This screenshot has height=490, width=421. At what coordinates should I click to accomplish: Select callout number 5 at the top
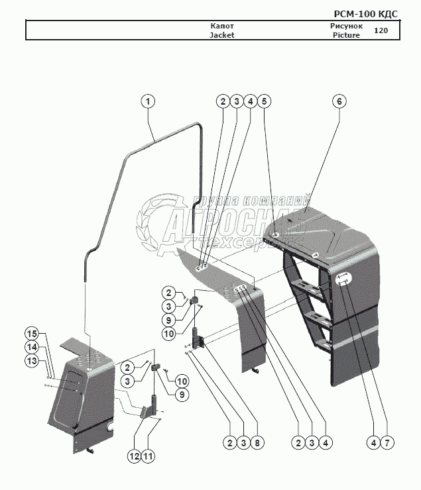(x=264, y=101)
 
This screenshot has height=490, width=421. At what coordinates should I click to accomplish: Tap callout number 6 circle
(x=339, y=101)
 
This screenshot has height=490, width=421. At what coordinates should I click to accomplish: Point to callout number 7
(x=386, y=442)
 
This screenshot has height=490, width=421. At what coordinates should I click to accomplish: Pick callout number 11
(x=148, y=456)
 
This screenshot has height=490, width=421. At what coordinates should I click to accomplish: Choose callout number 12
(x=133, y=456)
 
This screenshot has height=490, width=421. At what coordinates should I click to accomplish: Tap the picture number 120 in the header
(x=381, y=30)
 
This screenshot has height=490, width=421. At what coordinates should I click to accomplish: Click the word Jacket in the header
(x=222, y=36)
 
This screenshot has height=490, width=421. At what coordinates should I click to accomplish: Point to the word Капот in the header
(x=222, y=26)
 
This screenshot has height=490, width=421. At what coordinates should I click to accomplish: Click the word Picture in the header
(x=346, y=36)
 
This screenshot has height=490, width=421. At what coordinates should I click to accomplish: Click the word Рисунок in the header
(x=346, y=26)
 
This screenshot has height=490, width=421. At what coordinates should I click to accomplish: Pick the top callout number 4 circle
(x=249, y=101)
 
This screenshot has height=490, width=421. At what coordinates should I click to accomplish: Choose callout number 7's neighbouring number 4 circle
(x=371, y=442)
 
